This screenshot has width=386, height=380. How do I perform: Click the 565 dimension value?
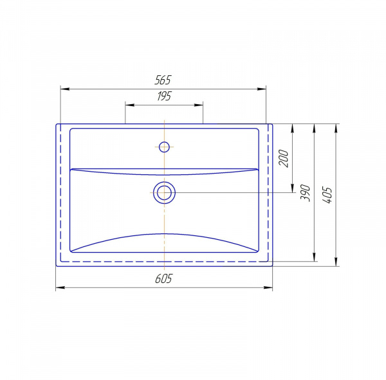[x=163, y=80]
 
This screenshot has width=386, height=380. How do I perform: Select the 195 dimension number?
[x=164, y=96]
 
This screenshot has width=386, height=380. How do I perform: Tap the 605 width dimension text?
[x=163, y=278]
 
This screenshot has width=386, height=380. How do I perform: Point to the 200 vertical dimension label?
[x=283, y=158]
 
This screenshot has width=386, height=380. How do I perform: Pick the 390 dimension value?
[x=305, y=193]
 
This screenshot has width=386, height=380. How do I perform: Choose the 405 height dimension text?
[x=327, y=195]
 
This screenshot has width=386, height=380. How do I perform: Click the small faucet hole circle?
[x=164, y=147]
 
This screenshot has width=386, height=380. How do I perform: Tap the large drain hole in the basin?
[x=164, y=192]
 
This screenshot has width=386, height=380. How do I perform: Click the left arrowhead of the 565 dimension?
[x=65, y=89]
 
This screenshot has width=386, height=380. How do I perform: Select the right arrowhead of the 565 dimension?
[x=262, y=89]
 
